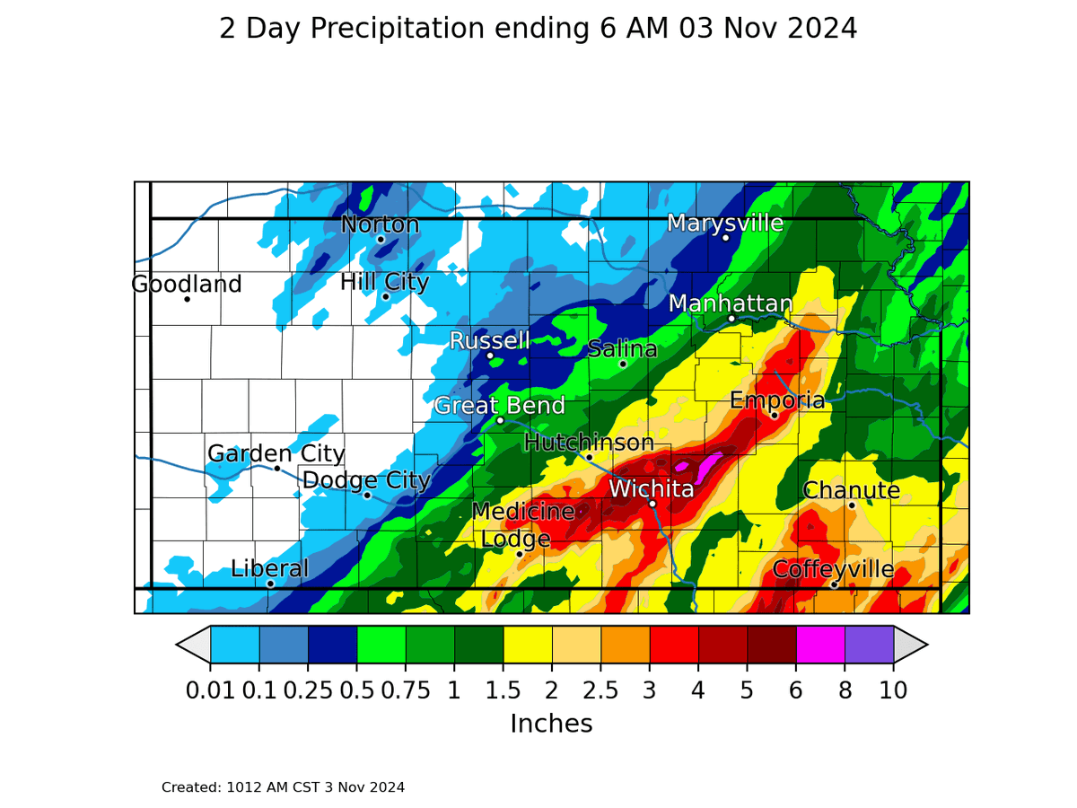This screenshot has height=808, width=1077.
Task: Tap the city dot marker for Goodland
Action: (x=187, y=299)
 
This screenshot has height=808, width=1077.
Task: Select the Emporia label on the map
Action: (x=776, y=400)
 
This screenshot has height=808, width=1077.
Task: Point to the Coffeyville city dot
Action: (x=834, y=584)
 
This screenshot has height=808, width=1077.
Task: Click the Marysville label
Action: (x=725, y=223)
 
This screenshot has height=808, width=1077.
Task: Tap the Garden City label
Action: (x=276, y=453)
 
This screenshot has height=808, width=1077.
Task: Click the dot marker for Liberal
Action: (x=270, y=584)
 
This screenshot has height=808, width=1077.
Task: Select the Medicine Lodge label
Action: (x=522, y=525)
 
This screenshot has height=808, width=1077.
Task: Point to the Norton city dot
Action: (x=381, y=239)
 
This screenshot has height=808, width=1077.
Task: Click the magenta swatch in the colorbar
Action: (x=820, y=644)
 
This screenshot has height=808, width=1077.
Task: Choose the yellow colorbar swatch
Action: (x=528, y=644)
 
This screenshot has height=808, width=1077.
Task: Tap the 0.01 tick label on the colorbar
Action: (x=209, y=690)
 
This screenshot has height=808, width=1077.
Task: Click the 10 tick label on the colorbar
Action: (x=893, y=690)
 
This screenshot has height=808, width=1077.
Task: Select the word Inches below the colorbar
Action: (x=551, y=724)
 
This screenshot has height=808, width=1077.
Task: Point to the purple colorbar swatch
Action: (x=869, y=644)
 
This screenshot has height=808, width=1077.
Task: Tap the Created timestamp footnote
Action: (x=283, y=787)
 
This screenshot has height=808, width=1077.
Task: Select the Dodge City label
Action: (x=366, y=480)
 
